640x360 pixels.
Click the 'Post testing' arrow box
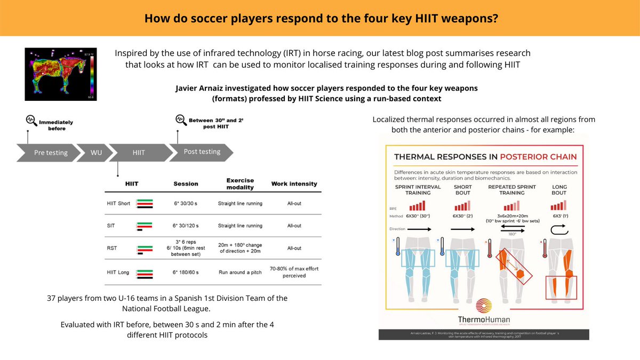202,152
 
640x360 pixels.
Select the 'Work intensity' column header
294,184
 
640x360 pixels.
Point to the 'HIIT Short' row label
118,204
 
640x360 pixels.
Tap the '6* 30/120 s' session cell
186,226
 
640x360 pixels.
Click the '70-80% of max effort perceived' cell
294,272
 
